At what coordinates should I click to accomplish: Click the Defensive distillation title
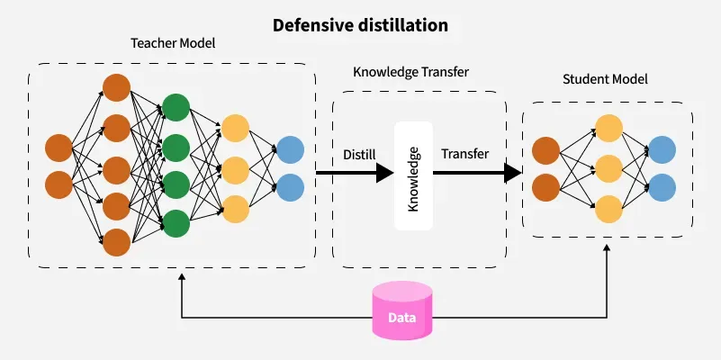(x=360, y=25)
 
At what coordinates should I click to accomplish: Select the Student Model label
(x=605, y=79)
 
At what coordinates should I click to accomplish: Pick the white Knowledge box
(x=414, y=175)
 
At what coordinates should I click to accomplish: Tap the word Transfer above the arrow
(x=465, y=154)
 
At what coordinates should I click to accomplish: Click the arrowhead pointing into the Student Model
(x=514, y=172)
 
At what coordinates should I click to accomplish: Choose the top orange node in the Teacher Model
(x=116, y=88)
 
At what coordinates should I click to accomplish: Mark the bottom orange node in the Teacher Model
(x=116, y=242)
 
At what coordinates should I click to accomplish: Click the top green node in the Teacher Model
(x=176, y=105)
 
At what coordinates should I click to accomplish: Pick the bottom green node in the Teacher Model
(x=176, y=222)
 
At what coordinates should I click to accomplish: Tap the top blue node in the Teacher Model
(x=290, y=149)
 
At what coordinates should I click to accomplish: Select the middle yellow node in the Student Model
(x=609, y=168)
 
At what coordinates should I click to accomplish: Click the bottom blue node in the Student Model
(x=662, y=187)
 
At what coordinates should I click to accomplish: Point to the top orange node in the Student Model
(x=546, y=149)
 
